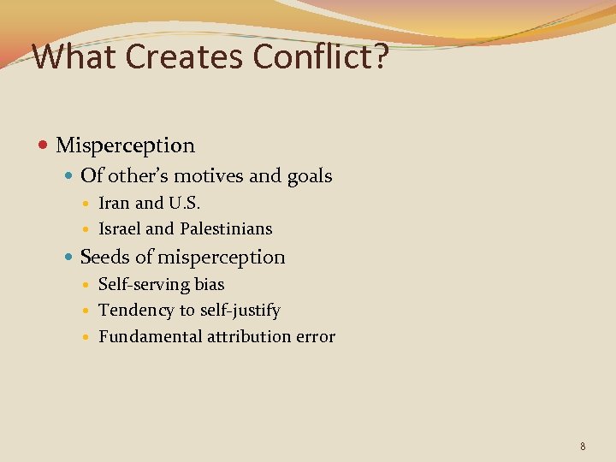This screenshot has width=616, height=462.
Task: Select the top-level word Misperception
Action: (x=125, y=146)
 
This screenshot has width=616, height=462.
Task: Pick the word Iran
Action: (x=115, y=204)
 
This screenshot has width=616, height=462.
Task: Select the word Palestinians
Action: (x=226, y=229)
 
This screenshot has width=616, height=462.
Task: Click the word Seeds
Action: (x=103, y=258)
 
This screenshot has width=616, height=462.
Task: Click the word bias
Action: (x=210, y=284)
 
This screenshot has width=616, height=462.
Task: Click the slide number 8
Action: (x=583, y=447)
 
